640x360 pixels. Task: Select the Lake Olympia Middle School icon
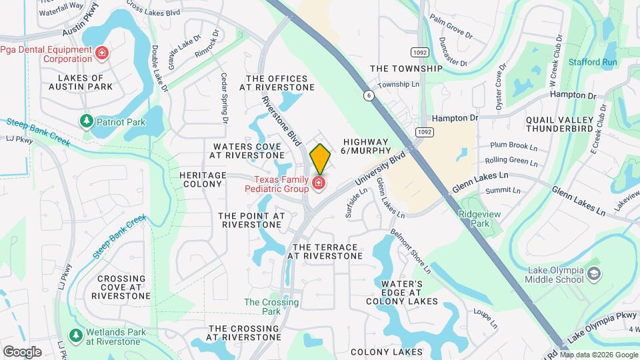coord(593,274)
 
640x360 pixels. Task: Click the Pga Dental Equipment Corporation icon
coord(101,53)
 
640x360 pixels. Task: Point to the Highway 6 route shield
coord(368,95)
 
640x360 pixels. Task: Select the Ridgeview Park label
coord(474,219)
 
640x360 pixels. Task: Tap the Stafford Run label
coord(593,62)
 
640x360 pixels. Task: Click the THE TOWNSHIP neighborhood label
coord(405,69)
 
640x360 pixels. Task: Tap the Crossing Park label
coord(262,307)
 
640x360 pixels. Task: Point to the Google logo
coord(23,351)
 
